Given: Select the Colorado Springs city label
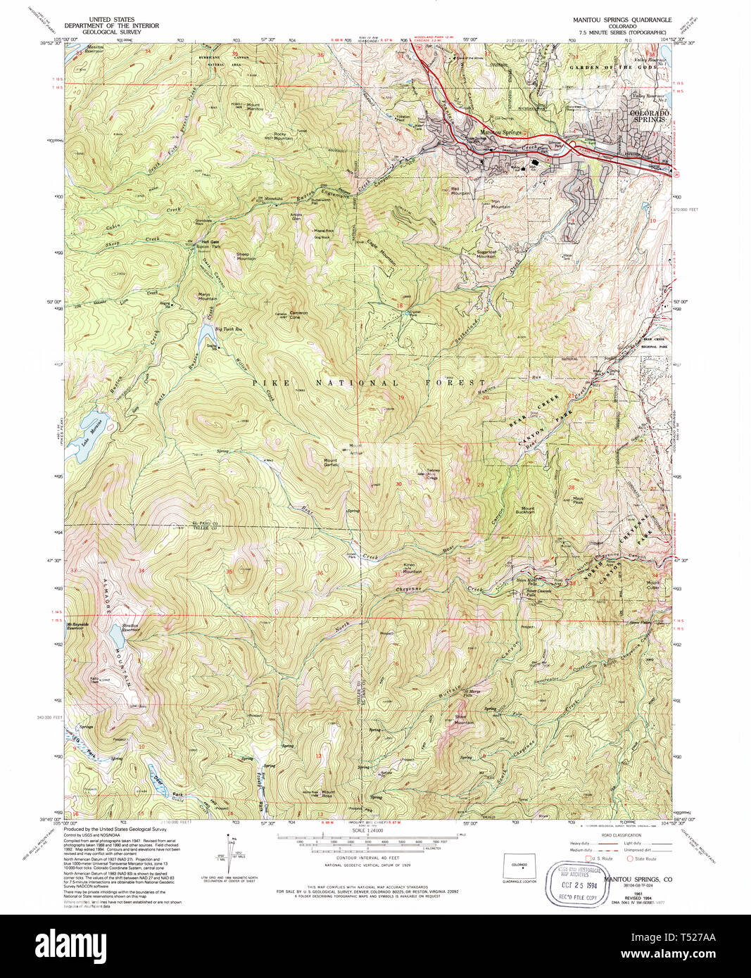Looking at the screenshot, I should coord(649,116).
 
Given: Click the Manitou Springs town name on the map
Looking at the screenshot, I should coord(501,132).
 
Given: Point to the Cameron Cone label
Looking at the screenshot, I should coord(298,315).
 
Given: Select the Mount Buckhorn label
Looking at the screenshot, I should coord(528,510).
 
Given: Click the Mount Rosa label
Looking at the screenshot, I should coord(327,794).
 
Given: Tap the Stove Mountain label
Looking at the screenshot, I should coord(463,720).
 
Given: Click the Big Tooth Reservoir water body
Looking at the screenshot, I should coord(204,329).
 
